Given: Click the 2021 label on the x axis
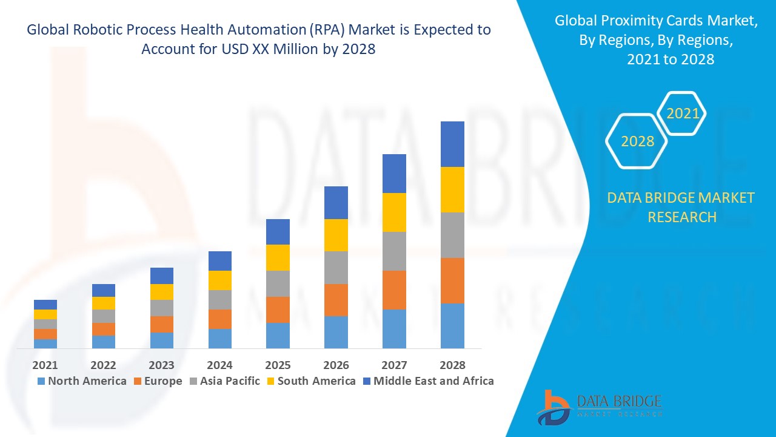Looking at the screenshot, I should (x=45, y=365).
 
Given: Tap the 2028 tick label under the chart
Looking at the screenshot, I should (x=452, y=365).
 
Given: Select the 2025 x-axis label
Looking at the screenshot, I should (x=278, y=365).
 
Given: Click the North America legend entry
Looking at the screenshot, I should (x=82, y=381).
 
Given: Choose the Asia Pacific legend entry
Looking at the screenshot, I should (x=225, y=381).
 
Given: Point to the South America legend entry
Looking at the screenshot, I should (x=310, y=381).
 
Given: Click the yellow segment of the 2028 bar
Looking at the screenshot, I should (x=452, y=189).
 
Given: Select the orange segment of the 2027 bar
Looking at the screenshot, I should (x=394, y=290).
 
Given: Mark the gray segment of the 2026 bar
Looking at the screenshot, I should (x=336, y=268).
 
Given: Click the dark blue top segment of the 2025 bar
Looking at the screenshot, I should (x=278, y=232).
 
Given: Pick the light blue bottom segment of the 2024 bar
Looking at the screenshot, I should (x=220, y=339).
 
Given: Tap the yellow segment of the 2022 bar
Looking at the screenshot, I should (x=104, y=303).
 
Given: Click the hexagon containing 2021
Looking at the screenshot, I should (x=682, y=113).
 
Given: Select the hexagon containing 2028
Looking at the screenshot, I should (x=637, y=141).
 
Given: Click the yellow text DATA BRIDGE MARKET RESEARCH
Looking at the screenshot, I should (x=681, y=207).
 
